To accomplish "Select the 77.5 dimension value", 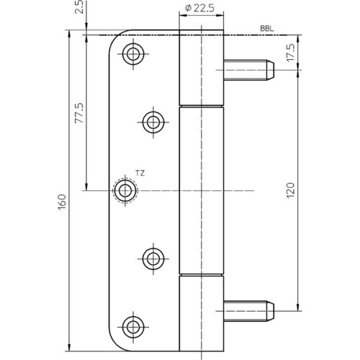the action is pos(79,113).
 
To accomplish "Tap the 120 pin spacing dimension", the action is pos(291,190).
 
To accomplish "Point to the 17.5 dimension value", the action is pos(291,53).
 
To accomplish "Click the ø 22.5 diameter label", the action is pos(200,9).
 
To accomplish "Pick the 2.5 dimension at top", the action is pos(80,6).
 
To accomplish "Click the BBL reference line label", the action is pos(267,29).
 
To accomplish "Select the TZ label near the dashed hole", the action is pos(140,173).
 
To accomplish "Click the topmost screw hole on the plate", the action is pos(133,54).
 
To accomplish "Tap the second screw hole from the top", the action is pos(153,122).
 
